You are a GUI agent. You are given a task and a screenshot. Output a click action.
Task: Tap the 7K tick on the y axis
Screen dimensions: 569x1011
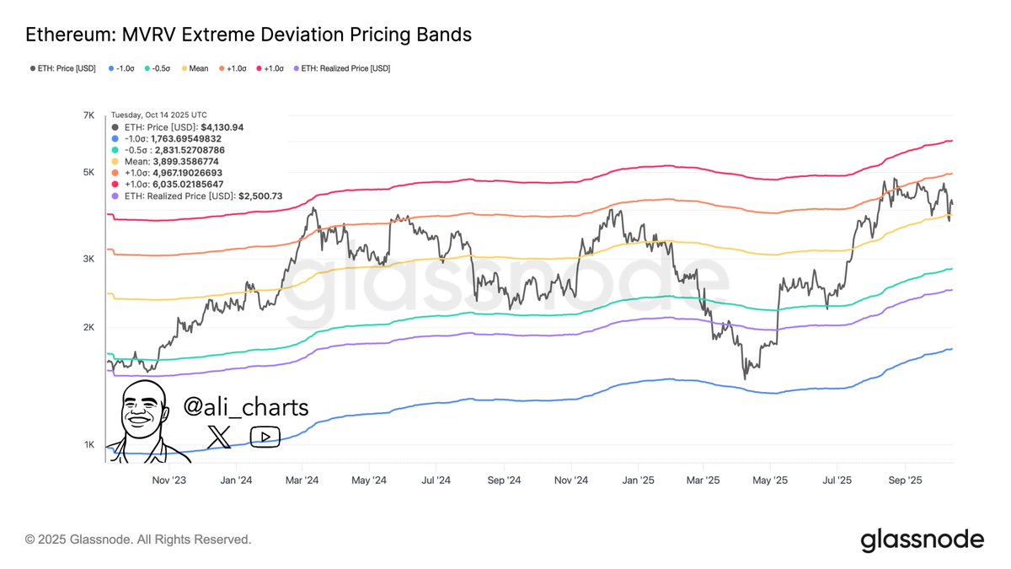(x=88, y=115)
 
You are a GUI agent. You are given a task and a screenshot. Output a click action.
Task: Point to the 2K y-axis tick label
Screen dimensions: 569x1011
(x=88, y=327)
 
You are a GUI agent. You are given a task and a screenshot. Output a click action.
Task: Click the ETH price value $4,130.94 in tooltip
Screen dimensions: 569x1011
(x=215, y=127)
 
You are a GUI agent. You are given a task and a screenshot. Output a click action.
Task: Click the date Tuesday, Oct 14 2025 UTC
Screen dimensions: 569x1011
(x=159, y=115)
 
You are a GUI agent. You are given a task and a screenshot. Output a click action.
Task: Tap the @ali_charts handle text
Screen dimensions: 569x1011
(x=246, y=407)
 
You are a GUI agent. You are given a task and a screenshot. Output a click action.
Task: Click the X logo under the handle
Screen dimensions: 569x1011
(x=219, y=436)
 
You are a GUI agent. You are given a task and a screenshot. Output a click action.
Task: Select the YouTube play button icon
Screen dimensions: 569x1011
(x=265, y=436)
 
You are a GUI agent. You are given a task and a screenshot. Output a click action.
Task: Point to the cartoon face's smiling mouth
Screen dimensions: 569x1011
(x=140, y=421)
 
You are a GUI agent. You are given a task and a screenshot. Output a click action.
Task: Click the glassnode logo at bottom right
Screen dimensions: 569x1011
(x=922, y=539)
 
